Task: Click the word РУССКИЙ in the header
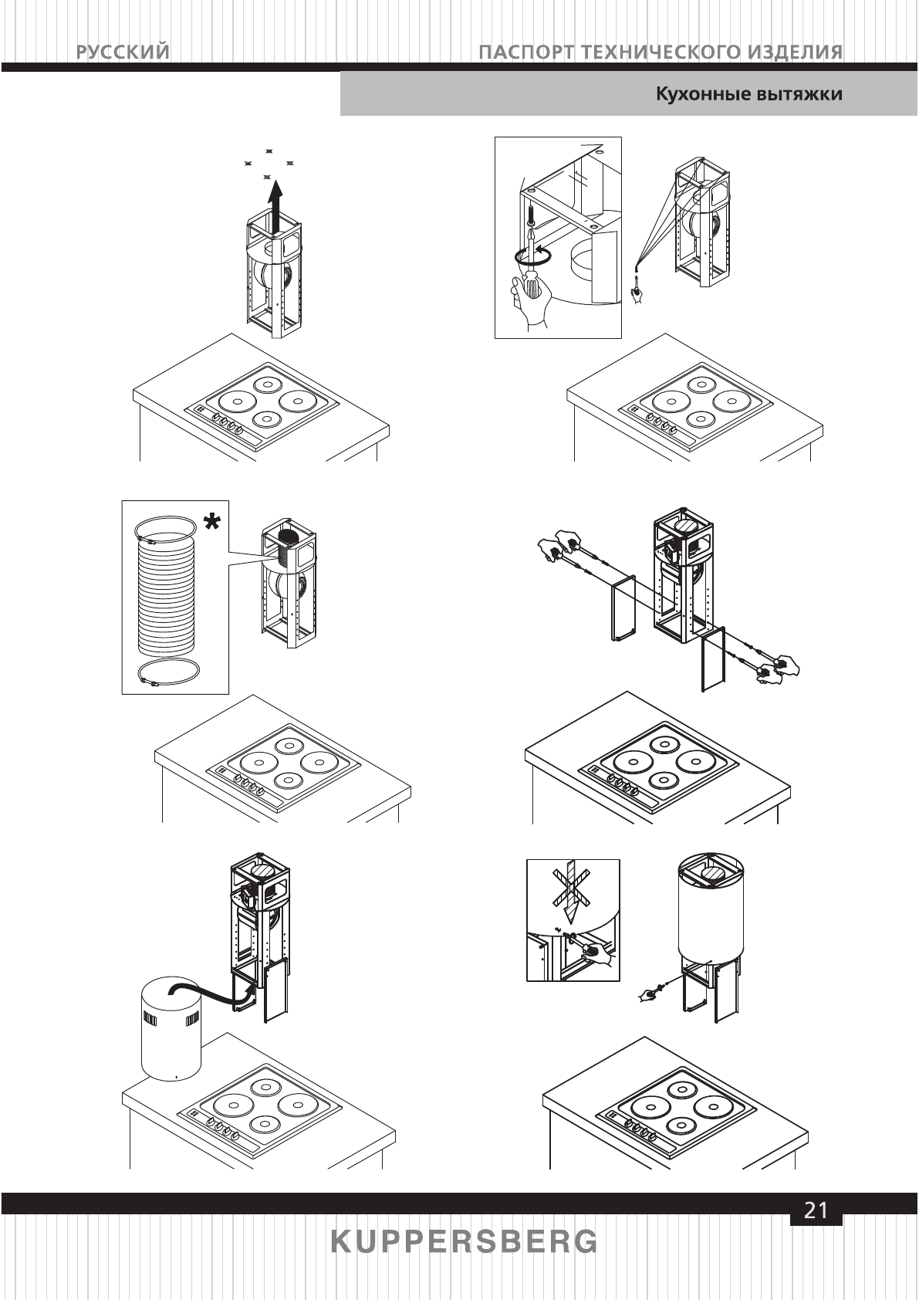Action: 123,52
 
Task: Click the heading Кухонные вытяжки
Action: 748,94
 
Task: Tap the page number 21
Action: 816,1210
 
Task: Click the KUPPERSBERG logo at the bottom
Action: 464,1242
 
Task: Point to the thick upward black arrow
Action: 275,199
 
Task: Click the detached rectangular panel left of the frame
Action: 622,609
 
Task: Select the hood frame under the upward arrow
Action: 274,278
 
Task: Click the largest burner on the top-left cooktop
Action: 232,401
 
